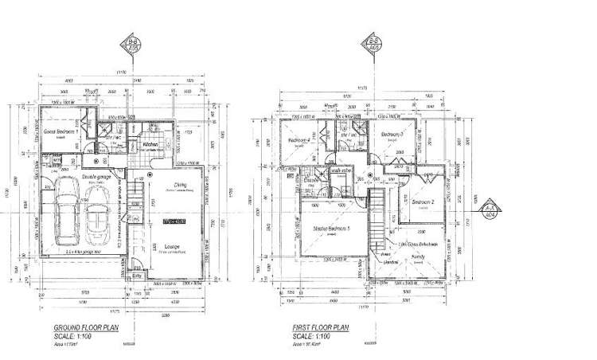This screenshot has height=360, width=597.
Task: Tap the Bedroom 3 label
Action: point(392,135)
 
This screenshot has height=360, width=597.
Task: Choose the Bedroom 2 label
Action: point(427,202)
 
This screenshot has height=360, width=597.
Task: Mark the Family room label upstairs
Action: point(418,257)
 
